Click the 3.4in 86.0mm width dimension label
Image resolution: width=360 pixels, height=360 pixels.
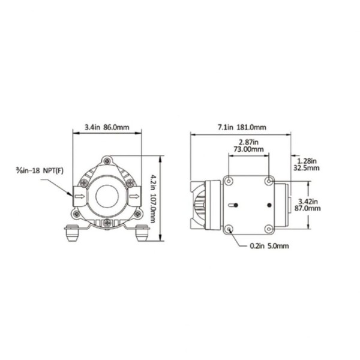107,127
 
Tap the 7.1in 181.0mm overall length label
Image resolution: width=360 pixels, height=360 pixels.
242,127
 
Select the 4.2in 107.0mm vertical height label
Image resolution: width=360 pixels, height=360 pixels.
152,199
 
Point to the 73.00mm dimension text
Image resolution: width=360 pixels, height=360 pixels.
248,149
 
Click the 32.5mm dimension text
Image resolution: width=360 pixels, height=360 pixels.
306,168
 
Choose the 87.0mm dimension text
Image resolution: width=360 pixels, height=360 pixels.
307,208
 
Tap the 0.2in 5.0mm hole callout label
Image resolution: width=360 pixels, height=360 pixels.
269,246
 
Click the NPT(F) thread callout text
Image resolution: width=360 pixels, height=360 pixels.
53,170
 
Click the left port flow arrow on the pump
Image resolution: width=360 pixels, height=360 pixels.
80,196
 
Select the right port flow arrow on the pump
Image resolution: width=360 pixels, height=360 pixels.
134,196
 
